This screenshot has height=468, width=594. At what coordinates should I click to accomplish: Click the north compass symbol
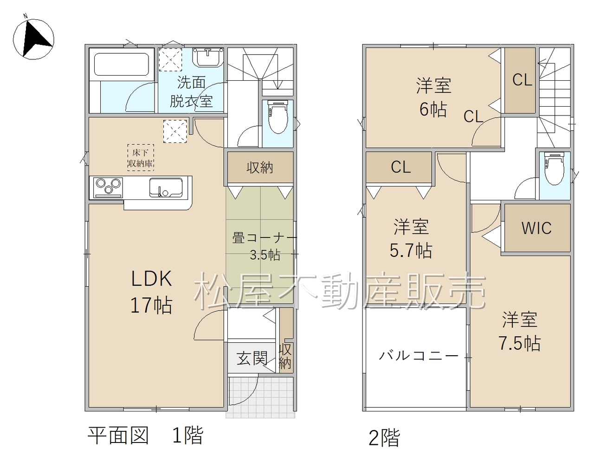[33, 38]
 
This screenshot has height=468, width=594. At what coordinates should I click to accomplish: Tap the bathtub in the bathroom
[122, 64]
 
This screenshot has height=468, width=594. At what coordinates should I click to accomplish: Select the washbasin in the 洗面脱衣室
[208, 57]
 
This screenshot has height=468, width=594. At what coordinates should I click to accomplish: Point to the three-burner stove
[108, 188]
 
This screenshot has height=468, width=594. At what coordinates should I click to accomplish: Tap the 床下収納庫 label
[141, 158]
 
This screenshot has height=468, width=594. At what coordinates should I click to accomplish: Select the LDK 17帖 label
[151, 292]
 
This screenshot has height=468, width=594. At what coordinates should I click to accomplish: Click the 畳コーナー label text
[264, 238]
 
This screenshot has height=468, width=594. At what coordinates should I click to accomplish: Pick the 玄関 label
[252, 359]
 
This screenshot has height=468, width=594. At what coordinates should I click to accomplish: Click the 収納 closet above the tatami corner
[260, 167]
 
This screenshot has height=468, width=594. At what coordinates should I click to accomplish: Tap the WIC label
[536, 228]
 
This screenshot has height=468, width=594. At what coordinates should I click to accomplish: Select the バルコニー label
[419, 356]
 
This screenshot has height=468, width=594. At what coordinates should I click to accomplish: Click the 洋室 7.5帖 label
[519, 331]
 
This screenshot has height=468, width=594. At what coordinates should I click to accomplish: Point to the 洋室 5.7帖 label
[411, 238]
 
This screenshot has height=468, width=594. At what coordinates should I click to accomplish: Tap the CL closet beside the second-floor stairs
[520, 80]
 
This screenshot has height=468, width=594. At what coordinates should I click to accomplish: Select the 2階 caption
[384, 438]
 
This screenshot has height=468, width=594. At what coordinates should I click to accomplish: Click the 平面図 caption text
[118, 436]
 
